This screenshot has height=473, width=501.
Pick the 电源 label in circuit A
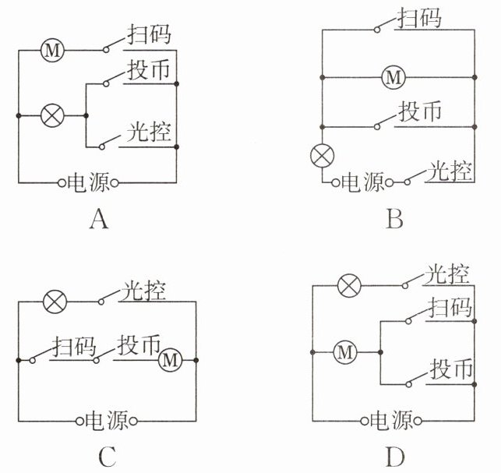pos(89,183)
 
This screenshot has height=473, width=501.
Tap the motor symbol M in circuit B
pos(394,77)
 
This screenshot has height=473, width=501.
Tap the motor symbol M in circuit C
pos(170,360)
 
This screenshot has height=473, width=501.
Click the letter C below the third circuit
pos(108,456)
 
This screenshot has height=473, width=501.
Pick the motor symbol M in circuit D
pos(344,353)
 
